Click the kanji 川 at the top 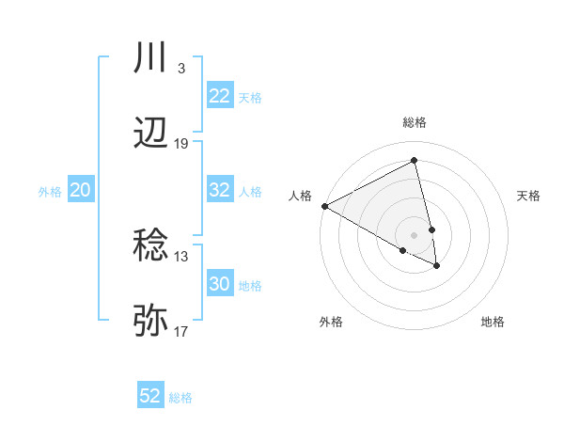[x=151, y=58]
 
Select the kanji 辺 [x=151, y=134]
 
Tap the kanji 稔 [x=151, y=246]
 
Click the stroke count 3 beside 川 [x=180, y=69]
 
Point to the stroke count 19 [x=181, y=144]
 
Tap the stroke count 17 [x=181, y=332]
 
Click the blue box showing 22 [x=220, y=96]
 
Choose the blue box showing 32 [x=220, y=190]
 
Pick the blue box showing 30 [x=220, y=284]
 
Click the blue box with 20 [x=81, y=190]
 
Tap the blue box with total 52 [x=150, y=396]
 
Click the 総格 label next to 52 [x=180, y=398]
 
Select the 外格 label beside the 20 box [x=50, y=192]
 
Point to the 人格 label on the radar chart [x=300, y=195]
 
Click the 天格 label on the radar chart [x=528, y=196]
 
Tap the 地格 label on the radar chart [x=493, y=322]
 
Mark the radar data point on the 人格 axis [x=324, y=206]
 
